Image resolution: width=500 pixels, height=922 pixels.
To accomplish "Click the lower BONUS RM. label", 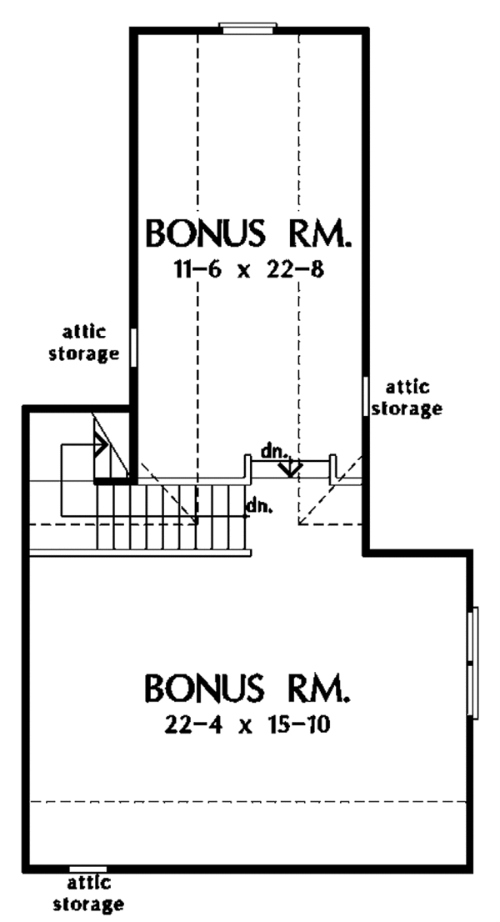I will pos(248,689).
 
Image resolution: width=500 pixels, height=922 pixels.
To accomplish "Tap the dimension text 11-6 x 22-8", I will pos(249,271).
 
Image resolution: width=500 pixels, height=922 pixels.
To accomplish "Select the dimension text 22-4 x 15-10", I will pos(249,725).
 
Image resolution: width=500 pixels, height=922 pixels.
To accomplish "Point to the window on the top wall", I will pos(248,28).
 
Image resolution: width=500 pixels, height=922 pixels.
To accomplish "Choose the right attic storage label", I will pos(406,398).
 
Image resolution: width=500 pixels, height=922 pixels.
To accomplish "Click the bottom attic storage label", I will pos(88,894).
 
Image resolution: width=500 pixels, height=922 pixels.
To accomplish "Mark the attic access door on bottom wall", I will pos(88,869).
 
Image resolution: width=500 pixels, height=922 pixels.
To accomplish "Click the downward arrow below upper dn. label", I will pos(290,467).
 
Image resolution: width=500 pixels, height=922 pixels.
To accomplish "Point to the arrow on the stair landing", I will pos(99,445).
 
